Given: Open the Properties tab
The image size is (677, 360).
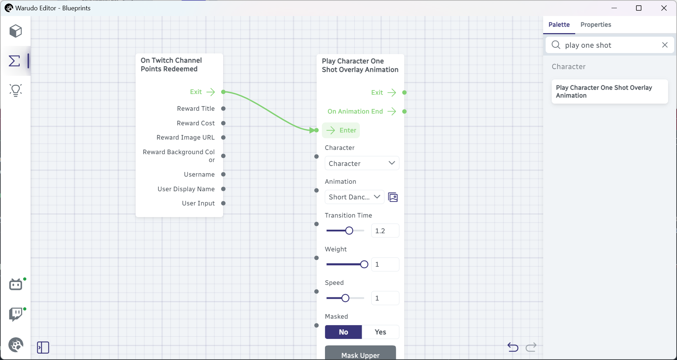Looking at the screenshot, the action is [x=595, y=25].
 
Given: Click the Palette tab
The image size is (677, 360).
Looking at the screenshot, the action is [x=559, y=25].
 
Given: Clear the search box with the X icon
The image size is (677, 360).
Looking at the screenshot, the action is [x=665, y=45].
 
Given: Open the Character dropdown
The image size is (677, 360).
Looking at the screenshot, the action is [x=362, y=163].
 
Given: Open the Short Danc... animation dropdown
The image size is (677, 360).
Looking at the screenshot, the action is [x=354, y=197].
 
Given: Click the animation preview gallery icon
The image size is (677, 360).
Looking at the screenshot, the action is [x=393, y=197].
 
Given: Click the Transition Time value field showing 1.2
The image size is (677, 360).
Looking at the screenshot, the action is [x=385, y=231].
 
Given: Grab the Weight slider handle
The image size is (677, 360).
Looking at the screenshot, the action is [x=364, y=264].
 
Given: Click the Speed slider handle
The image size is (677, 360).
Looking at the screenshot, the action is [x=345, y=298].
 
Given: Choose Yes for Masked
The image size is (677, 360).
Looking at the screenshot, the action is [x=380, y=332].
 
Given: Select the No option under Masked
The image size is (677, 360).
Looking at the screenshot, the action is [x=343, y=332].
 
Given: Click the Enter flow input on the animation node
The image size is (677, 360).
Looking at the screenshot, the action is [x=341, y=130].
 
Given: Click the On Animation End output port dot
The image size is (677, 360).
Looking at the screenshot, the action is [x=404, y=111].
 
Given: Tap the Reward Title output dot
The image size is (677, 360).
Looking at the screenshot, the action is [x=223, y=109].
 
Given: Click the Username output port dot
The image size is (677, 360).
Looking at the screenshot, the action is [x=223, y=174].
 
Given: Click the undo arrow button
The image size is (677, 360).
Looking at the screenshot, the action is [x=513, y=347].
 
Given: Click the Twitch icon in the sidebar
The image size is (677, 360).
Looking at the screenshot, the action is [x=16, y=314].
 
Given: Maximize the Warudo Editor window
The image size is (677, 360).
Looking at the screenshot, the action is [x=639, y=8].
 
